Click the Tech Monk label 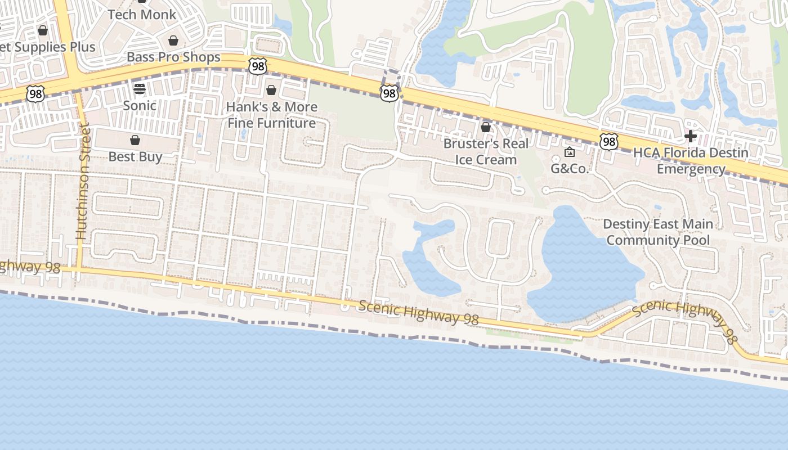point(142,15)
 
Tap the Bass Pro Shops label point(173,57)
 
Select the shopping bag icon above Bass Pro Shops point(173,40)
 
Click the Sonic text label point(140,105)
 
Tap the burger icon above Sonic point(139,89)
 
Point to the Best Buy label point(135,156)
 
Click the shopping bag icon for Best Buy point(135,140)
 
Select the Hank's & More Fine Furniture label point(271,115)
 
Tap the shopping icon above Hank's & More point(271,90)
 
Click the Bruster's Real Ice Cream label point(486,151)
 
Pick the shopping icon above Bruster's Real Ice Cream point(486,128)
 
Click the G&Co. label point(569,168)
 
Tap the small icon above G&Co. point(570,152)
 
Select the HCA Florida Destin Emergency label point(691,160)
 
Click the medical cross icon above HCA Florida point(691,136)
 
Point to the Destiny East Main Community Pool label point(658,232)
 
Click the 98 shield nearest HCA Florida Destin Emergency point(608,142)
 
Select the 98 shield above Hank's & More point(257,66)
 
